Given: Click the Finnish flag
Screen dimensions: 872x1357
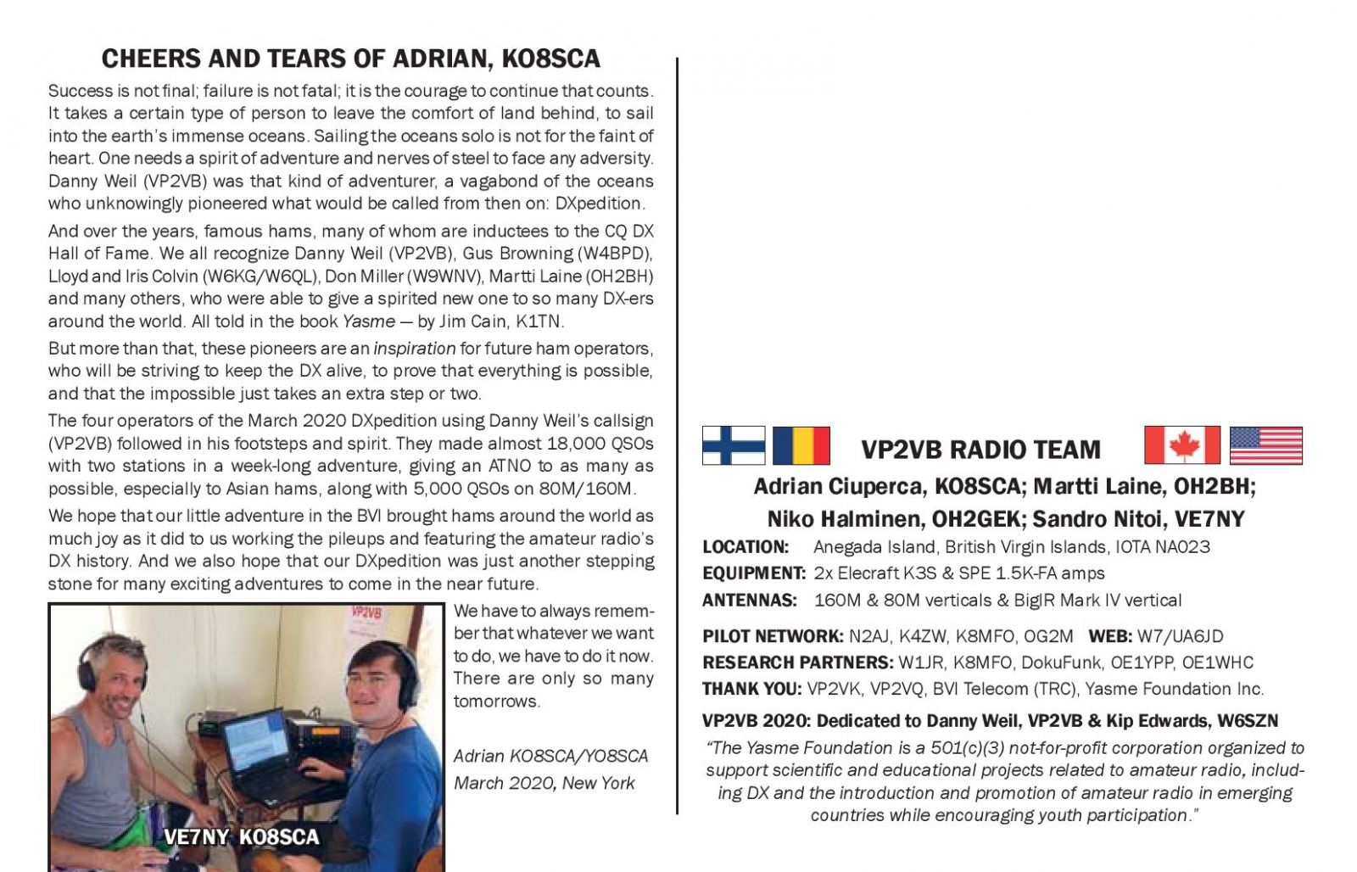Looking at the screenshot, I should (x=734, y=445).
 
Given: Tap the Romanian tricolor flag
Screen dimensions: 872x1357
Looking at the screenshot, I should (x=801, y=445).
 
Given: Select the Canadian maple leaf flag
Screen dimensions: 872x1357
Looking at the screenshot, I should (x=1181, y=445).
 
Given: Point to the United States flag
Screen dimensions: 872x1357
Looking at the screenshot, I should (x=1265, y=445).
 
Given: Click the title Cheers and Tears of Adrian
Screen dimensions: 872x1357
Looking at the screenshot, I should (x=350, y=59).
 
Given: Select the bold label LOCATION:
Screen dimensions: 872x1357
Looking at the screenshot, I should (x=746, y=547).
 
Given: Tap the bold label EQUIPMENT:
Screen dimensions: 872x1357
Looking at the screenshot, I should (x=753, y=573).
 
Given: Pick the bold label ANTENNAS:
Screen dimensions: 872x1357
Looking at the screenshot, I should (x=749, y=601).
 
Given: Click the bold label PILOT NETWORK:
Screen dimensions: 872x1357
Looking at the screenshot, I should (x=772, y=636).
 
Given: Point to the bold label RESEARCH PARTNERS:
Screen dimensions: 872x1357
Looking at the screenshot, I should (x=797, y=662).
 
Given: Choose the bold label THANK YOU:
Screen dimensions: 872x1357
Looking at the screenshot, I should (x=751, y=689).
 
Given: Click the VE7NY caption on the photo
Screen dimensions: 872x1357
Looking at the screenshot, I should (x=196, y=837).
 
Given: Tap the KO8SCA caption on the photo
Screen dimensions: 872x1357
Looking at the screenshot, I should (x=279, y=837).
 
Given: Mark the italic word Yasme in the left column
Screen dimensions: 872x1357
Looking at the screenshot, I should (x=369, y=321).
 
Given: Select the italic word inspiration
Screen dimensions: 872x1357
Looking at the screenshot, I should (x=415, y=349).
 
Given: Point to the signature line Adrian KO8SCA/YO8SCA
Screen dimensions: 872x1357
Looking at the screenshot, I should (x=550, y=756).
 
